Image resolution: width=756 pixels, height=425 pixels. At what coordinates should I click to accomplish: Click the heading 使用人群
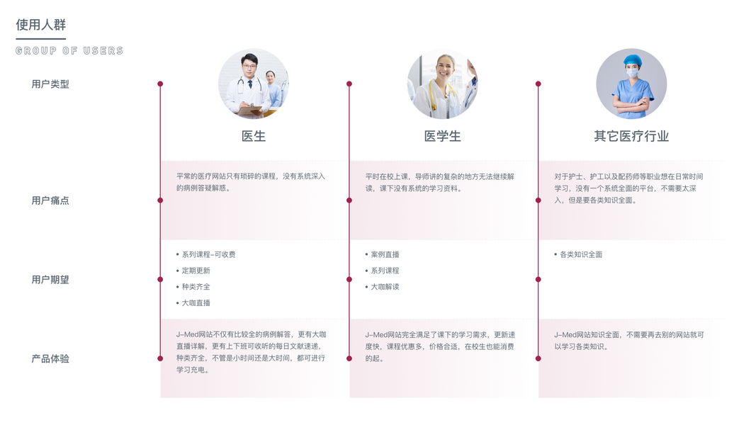[x=41, y=25]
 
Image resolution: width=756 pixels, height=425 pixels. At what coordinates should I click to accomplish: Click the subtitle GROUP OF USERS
[x=69, y=51]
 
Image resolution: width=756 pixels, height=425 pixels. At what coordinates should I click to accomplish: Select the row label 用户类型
[x=50, y=84]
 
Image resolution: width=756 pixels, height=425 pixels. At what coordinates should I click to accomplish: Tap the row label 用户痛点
[x=50, y=200]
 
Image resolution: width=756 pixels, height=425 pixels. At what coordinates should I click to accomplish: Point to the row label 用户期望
[x=50, y=280]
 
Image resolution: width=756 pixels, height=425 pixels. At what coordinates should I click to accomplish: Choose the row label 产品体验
[x=50, y=359]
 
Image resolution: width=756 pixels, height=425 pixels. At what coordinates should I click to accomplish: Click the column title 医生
[x=254, y=136]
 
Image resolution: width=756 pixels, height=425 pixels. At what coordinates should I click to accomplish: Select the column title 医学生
[x=442, y=136]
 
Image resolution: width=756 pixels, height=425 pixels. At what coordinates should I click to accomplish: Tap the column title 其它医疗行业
[x=631, y=136]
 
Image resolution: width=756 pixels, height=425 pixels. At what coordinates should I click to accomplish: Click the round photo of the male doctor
[x=254, y=84]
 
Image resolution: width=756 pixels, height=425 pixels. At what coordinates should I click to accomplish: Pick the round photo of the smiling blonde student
[x=442, y=84]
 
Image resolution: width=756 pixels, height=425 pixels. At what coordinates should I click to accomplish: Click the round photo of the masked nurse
[x=631, y=84]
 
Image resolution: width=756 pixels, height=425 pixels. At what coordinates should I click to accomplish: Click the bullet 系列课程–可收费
[x=208, y=254]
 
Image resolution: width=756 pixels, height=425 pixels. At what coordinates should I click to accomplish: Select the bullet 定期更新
[x=196, y=271]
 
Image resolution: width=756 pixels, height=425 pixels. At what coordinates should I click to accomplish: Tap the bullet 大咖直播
[x=196, y=302]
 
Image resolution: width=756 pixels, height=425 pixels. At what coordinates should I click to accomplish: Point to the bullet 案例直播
[x=385, y=254]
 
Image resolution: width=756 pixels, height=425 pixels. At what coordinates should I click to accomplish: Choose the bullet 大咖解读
[x=385, y=287]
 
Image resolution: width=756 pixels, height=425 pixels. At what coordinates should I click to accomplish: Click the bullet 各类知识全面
[x=580, y=254]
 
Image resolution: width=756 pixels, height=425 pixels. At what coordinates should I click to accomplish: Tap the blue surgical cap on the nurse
[x=632, y=60]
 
